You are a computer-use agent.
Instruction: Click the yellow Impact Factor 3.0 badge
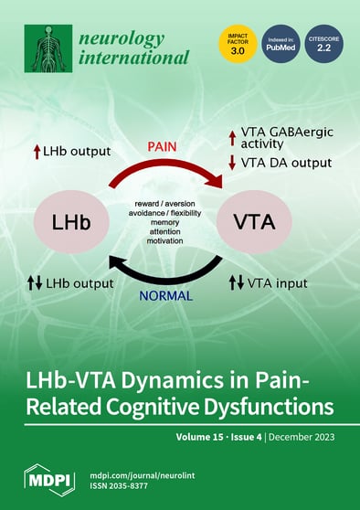point(236,45)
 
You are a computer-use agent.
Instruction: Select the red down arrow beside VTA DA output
point(232,164)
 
